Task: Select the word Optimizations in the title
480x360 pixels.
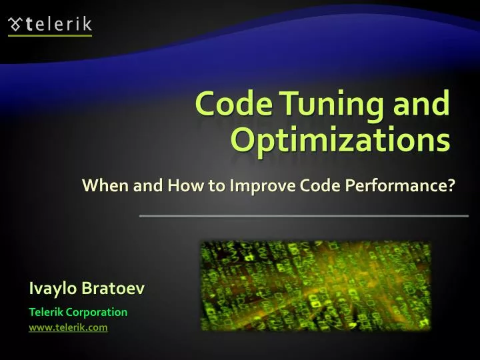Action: coord(339,139)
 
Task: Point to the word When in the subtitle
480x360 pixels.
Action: coord(105,185)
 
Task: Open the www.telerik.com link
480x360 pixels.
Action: coord(68,327)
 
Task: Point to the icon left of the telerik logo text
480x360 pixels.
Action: coord(15,25)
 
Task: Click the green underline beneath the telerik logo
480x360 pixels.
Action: coord(49,36)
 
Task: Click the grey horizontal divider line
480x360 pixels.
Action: coord(303,216)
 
